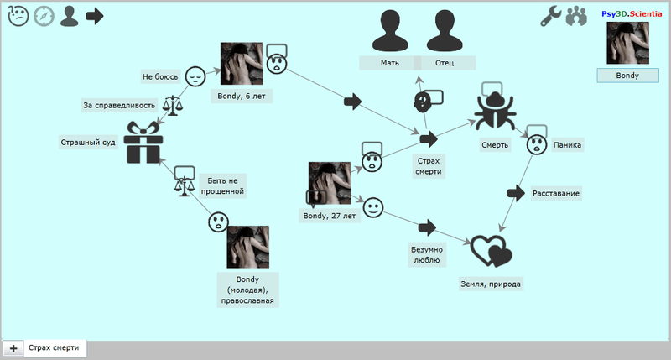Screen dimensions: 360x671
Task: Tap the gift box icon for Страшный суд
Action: tap(143, 143)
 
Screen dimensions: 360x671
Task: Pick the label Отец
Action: tap(445, 64)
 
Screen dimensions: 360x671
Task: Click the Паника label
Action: tap(567, 145)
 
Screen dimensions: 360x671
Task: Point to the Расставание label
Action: tap(556, 194)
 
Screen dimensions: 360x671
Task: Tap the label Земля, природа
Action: tap(491, 284)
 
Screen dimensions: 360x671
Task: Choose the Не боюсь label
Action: tap(160, 76)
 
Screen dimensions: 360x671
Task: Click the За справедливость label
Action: tap(119, 105)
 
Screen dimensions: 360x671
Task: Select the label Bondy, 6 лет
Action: tap(247, 96)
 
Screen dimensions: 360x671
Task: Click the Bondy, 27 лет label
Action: tap(329, 216)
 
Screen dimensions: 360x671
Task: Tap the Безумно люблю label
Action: tap(426, 255)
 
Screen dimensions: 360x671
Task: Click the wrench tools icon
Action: tap(550, 16)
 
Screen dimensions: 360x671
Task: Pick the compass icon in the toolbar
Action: tap(44, 16)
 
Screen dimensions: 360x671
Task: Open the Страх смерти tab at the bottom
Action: tap(55, 347)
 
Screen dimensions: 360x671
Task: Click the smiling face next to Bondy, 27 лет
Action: tap(373, 206)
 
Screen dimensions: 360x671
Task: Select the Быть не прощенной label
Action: tap(222, 185)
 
